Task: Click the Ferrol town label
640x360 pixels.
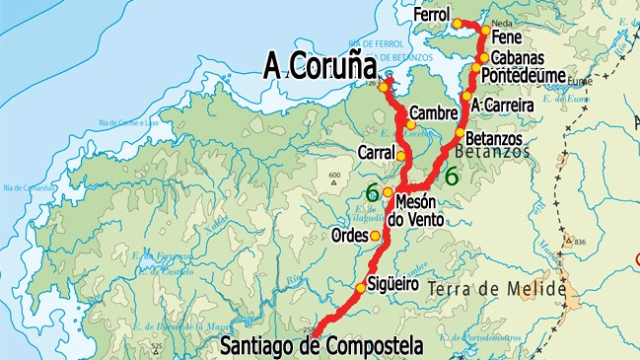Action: click(x=431, y=17)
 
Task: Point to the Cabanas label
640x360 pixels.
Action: click(x=516, y=57)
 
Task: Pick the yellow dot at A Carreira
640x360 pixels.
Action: click(x=465, y=97)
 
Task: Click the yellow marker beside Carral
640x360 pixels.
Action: click(x=401, y=155)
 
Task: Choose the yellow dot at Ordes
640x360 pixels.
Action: click(x=375, y=236)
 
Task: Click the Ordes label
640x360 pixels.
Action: click(x=351, y=237)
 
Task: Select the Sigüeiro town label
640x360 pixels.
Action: click(x=392, y=285)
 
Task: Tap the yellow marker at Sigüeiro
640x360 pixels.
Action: click(x=361, y=288)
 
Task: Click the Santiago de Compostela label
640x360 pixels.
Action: click(x=320, y=346)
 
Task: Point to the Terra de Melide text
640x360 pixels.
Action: click(x=511, y=288)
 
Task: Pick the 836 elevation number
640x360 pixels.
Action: click(x=579, y=243)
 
